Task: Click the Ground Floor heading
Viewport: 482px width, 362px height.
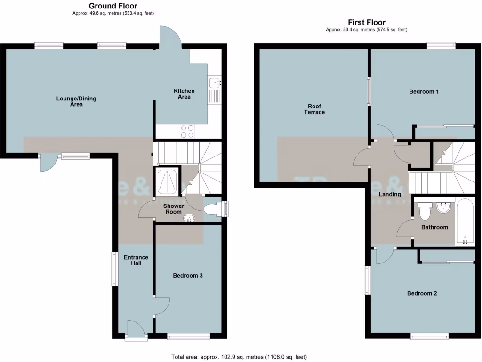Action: [113, 6]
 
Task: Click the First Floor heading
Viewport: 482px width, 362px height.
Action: [366, 22]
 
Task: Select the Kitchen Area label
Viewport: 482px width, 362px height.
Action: [184, 94]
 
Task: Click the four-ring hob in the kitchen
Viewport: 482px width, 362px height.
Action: [186, 131]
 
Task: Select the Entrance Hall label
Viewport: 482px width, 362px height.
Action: [136, 260]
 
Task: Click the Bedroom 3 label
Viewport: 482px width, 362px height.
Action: [187, 276]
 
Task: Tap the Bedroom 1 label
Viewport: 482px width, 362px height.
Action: [424, 91]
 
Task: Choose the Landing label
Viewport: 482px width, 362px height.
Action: [390, 194]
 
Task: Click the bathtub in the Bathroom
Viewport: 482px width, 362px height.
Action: [465, 222]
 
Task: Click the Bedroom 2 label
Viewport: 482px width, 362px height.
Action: [422, 293]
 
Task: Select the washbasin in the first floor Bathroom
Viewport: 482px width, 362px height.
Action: [444, 207]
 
